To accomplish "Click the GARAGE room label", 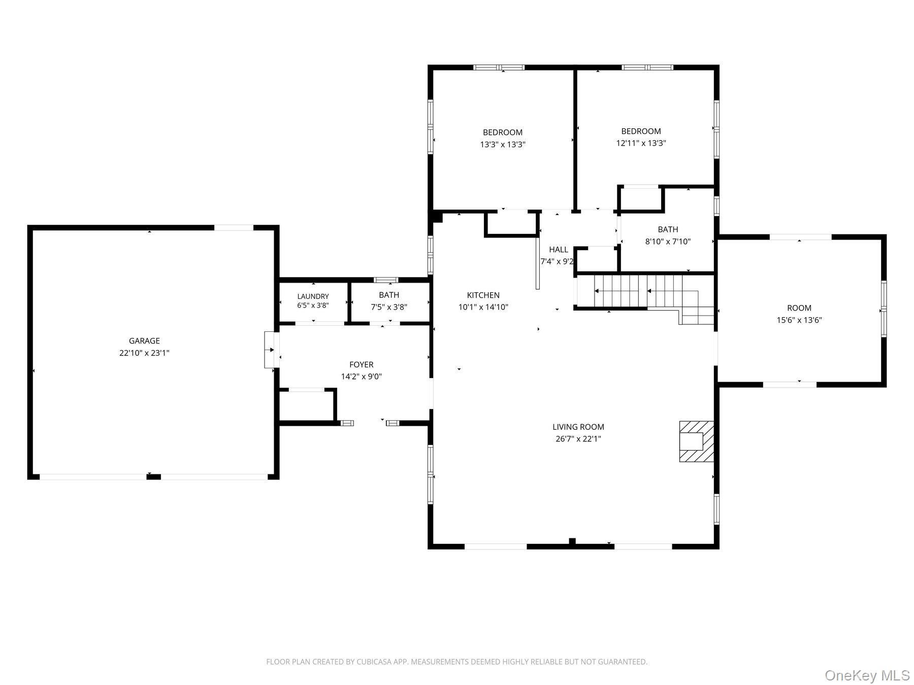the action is [144, 341].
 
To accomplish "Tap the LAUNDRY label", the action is [313, 296].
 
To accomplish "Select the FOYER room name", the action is [362, 364].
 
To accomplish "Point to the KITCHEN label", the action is [483, 295].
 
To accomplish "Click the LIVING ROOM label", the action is [578, 427].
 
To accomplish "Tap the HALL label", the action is [559, 249].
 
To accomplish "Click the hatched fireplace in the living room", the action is [697, 441].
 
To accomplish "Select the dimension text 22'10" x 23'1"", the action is [144, 353].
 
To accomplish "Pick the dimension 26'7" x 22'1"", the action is [578, 439].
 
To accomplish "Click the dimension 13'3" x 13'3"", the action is [503, 145].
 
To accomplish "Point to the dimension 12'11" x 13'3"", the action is [641, 143].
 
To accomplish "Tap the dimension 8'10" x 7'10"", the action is [668, 242].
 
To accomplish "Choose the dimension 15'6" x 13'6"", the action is [799, 320].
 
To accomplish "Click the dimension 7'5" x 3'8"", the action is [389, 307].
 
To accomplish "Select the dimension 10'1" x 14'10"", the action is [483, 307].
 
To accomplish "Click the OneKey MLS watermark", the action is [867, 675].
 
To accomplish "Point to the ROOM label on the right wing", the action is [799, 308].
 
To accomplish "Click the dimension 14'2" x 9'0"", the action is [362, 376].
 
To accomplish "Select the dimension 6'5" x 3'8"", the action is [313, 305].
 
